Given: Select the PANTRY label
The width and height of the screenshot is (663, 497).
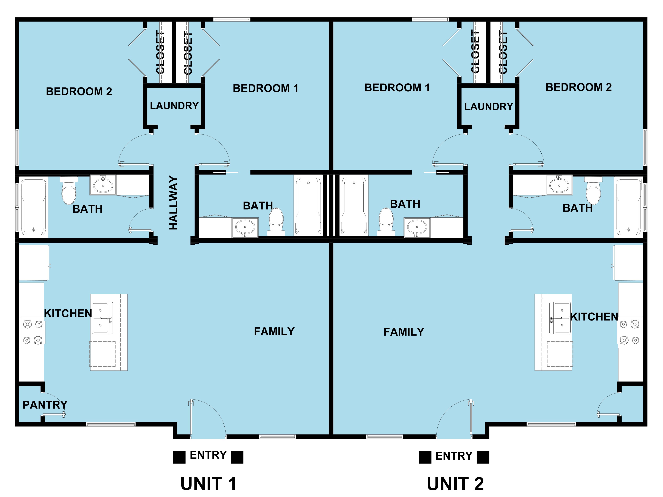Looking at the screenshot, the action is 45,405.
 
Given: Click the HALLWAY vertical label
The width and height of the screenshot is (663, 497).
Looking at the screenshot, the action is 173,203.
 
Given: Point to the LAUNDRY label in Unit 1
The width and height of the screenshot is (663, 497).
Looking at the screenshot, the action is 174,106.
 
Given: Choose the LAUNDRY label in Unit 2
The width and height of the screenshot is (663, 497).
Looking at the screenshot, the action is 489,106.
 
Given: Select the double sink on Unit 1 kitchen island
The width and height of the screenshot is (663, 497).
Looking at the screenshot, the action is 102,318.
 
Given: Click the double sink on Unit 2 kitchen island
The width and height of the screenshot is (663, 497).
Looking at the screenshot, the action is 560,318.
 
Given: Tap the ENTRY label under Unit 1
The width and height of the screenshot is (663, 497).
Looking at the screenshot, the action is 208,455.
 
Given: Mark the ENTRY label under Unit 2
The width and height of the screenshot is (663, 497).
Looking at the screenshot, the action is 454,456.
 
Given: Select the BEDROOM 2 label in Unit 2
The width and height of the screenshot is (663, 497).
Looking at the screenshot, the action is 578,87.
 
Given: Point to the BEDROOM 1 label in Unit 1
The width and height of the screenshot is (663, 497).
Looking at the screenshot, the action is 266,88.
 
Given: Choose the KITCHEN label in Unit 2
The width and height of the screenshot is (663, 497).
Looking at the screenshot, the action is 594,317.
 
